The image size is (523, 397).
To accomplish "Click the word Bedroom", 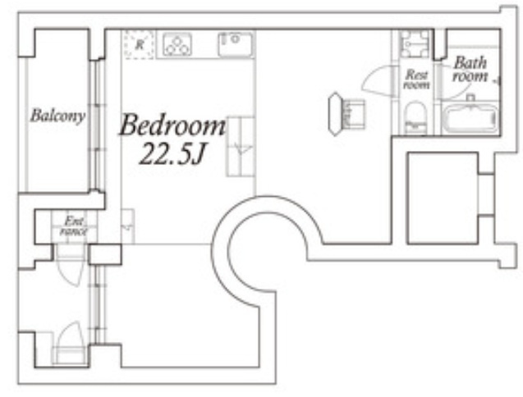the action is pyautogui.click(x=172, y=125).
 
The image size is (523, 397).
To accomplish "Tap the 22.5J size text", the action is pyautogui.click(x=172, y=154).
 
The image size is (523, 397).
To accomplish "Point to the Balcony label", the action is pyautogui.click(x=57, y=116).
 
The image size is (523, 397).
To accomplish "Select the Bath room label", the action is pyautogui.click(x=470, y=70).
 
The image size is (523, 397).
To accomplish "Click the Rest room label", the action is pyautogui.click(x=416, y=80).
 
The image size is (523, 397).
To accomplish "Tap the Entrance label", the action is pyautogui.click(x=74, y=226).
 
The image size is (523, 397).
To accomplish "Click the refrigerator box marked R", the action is pyautogui.click(x=139, y=44).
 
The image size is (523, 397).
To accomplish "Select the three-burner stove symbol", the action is pyautogui.click(x=177, y=44).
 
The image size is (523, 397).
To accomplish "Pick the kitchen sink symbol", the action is pyautogui.click(x=235, y=44).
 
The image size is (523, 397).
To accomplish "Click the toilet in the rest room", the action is pyautogui.click(x=415, y=118).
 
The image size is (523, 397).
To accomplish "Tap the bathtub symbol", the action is pyautogui.click(x=470, y=118).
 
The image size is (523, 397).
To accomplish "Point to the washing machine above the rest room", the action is pyautogui.click(x=415, y=43).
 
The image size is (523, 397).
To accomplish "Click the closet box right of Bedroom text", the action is pyautogui.click(x=241, y=146).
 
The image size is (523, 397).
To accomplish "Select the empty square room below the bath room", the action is pyautogui.click(x=443, y=198).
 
